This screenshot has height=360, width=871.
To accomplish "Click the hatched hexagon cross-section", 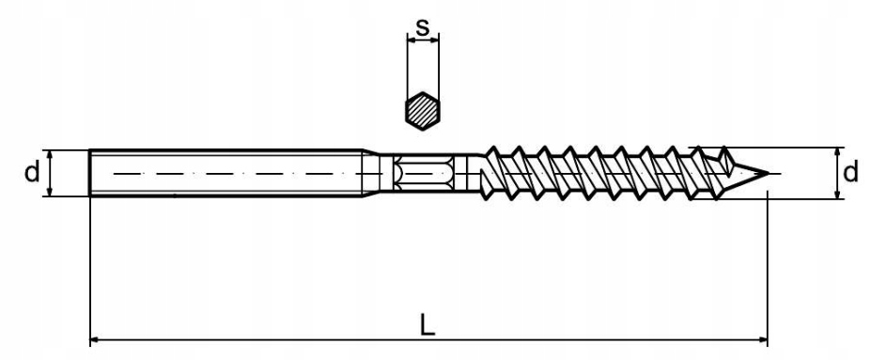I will (x=423, y=111).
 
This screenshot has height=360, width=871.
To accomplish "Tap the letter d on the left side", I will (x=31, y=173).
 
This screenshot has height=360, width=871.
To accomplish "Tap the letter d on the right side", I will (x=850, y=173).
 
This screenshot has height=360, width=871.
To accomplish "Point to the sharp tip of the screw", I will (x=769, y=174).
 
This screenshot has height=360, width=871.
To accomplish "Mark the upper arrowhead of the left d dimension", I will (x=48, y=155).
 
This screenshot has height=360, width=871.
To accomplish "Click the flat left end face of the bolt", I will (x=91, y=173).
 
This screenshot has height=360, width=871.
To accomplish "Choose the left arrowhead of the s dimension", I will (x=410, y=39).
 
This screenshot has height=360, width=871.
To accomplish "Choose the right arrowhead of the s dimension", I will (x=436, y=39).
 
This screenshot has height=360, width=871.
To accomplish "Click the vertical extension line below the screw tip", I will (x=769, y=263).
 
